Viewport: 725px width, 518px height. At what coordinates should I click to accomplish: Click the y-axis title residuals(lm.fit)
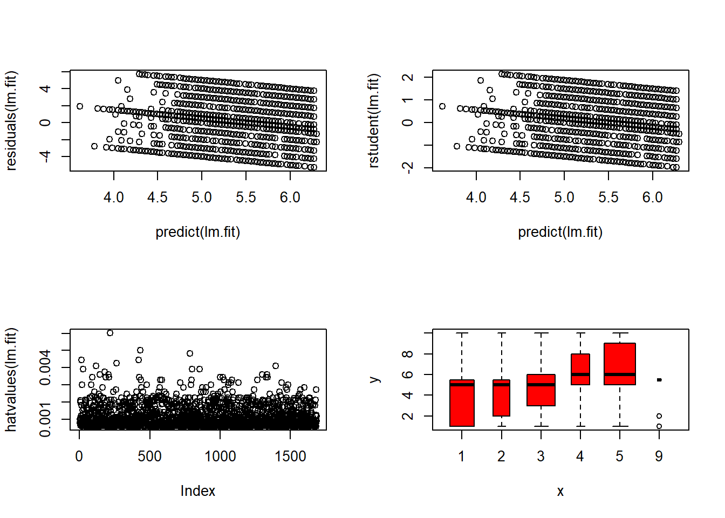(11, 121)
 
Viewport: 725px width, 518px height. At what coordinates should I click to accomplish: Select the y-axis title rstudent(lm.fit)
(373, 121)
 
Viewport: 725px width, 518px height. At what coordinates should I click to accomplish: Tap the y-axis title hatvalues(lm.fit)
(11, 379)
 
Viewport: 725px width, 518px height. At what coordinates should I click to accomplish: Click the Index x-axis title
(197, 491)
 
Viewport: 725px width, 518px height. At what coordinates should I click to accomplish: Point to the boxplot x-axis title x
(560, 491)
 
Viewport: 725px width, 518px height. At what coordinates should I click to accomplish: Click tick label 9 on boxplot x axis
(659, 456)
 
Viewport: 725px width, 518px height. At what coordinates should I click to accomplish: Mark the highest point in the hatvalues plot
(110, 333)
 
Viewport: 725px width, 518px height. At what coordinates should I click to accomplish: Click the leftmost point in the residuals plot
(80, 106)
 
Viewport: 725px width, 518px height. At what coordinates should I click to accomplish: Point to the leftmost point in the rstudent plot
(442, 106)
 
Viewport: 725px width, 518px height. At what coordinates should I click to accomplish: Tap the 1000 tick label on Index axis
(220, 456)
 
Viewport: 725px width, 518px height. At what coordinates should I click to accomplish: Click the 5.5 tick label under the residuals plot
(246, 197)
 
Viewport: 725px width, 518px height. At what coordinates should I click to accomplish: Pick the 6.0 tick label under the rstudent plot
(652, 197)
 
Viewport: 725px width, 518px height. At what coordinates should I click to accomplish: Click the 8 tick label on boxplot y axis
(408, 354)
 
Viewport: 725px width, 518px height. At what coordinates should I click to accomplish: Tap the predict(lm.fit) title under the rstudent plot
(560, 232)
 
